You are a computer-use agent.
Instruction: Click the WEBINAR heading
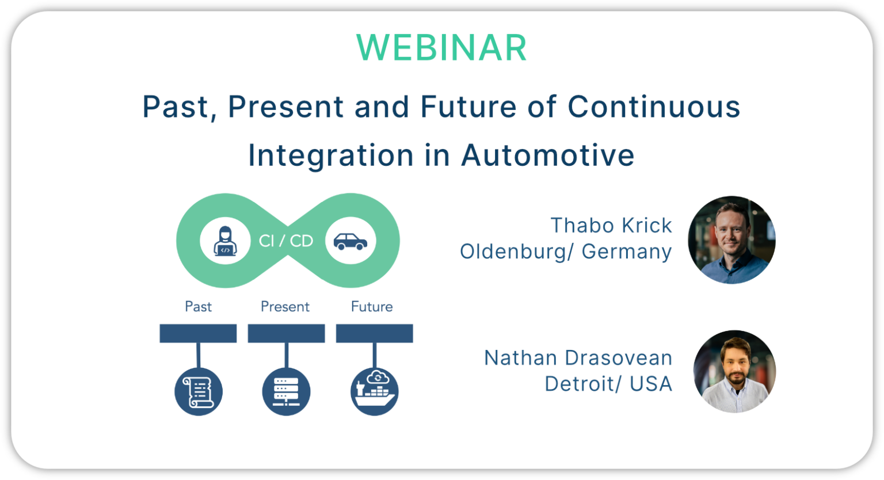[441, 48]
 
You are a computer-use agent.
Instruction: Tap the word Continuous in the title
[654, 107]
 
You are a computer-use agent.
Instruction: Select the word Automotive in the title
[547, 155]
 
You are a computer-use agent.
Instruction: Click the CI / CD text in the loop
[286, 241]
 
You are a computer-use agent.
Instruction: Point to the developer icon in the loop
[225, 241]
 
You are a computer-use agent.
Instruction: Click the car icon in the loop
[350, 241]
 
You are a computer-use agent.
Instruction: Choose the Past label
[198, 307]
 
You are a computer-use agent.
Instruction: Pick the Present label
[285, 307]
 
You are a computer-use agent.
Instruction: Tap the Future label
[372, 307]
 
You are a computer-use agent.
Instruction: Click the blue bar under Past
[198, 333]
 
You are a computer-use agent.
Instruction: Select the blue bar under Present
[286, 333]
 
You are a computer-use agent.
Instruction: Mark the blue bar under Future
[374, 333]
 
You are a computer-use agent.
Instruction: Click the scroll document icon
[199, 391]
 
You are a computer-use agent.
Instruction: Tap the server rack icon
[286, 391]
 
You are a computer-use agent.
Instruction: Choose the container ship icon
[374, 391]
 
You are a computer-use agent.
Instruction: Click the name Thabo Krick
[611, 226]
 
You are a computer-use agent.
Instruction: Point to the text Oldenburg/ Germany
[566, 252]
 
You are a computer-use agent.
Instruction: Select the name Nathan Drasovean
[578, 358]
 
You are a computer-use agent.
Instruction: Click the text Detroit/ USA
[608, 384]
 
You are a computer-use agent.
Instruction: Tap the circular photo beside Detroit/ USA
[734, 371]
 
